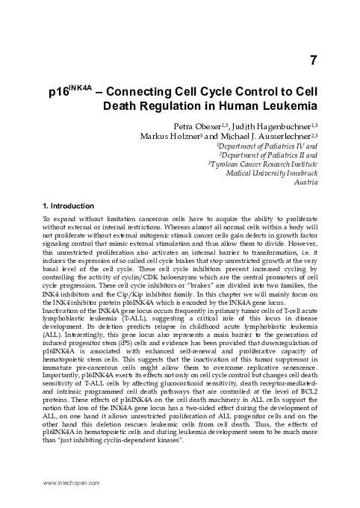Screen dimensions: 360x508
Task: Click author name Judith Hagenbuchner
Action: pyautogui.click(x=276, y=125)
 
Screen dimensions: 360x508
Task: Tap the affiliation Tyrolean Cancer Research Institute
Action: pyautogui.click(x=264, y=163)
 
